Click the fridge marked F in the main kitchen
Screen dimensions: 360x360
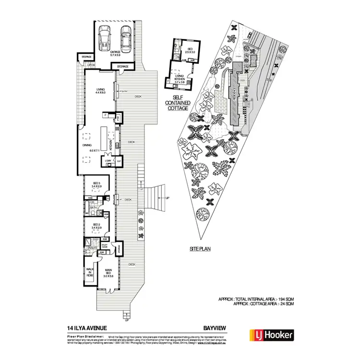(x=105, y=115)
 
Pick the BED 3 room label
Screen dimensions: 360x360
(x=96, y=184)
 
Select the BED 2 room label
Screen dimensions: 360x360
(x=96, y=226)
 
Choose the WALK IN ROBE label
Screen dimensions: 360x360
(x=90, y=272)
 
